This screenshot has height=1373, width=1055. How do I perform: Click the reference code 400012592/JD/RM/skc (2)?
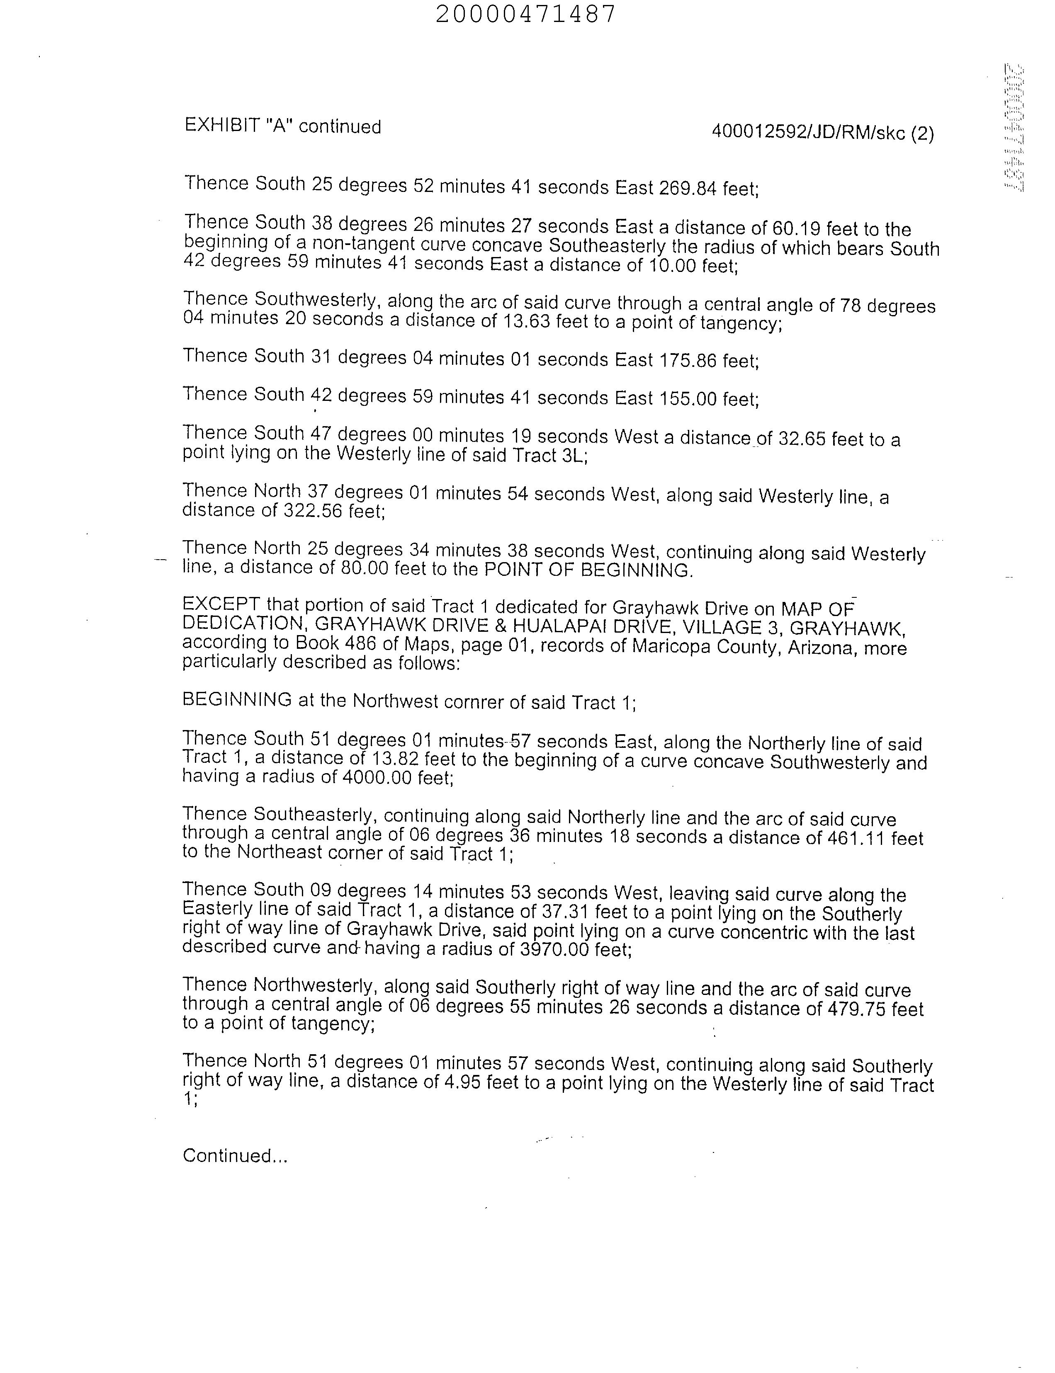823,133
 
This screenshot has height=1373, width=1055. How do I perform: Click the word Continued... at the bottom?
235,1156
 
